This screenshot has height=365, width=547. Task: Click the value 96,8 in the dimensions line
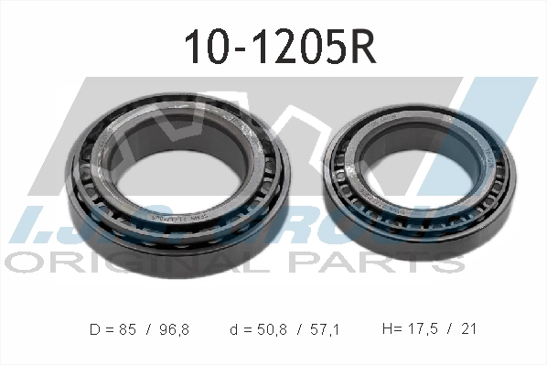(x=172, y=327)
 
